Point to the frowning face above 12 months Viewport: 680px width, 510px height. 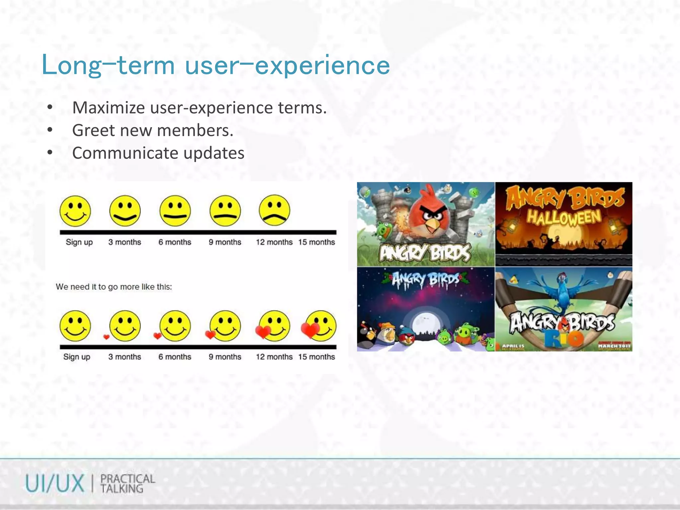pos(274,211)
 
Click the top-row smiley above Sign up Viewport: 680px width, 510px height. pos(75,211)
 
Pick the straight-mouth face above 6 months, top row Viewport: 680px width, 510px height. pos(175,211)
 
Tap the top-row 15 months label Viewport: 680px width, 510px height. pos(316,242)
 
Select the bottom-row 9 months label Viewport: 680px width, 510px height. pos(225,357)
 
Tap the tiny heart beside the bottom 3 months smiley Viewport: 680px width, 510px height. pos(106,337)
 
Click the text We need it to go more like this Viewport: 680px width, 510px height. pos(114,287)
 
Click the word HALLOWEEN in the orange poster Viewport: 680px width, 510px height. pos(564,217)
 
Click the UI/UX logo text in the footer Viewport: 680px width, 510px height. pos(55,483)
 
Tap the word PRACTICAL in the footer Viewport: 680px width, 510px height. pos(127,479)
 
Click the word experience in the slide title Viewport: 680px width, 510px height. pos(322,65)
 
